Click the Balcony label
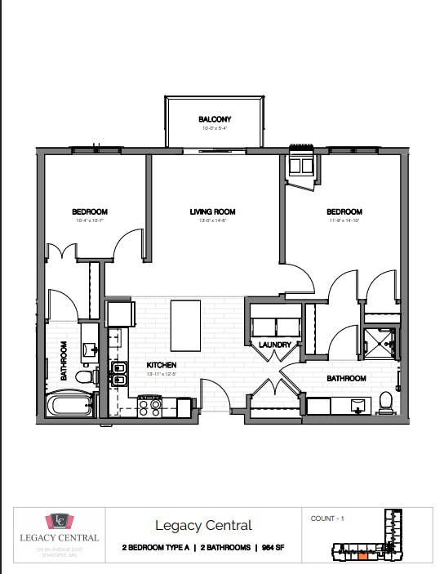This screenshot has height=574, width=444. (215, 119)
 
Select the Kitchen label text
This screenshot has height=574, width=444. (162, 364)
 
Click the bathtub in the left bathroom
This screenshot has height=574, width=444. (69, 405)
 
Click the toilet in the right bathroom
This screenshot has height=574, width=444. (385, 402)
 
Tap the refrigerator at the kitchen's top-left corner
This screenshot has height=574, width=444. (120, 314)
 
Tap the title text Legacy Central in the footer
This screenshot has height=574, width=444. (203, 526)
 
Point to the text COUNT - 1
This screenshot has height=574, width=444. (327, 518)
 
